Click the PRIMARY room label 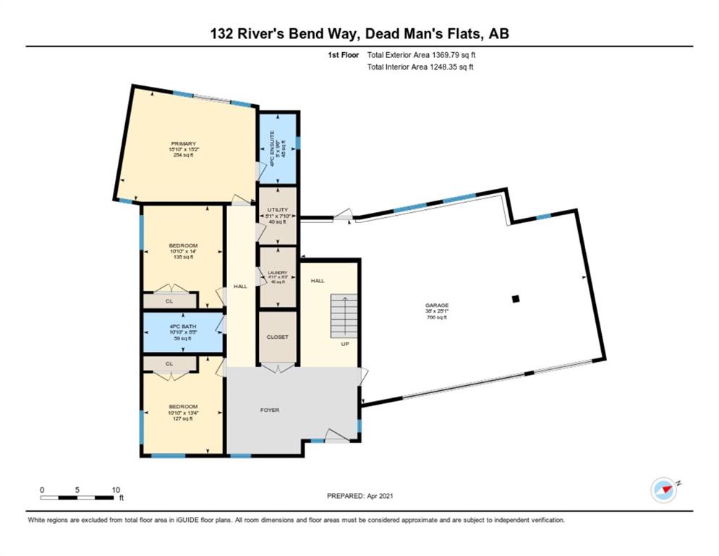click(x=184, y=143)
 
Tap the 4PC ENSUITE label click(x=272, y=149)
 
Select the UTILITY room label click(x=277, y=209)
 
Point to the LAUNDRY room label click(x=277, y=272)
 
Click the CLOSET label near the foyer click(x=277, y=337)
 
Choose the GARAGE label click(x=437, y=306)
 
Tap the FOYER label click(x=270, y=410)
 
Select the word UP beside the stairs click(x=346, y=344)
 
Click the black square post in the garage click(x=515, y=298)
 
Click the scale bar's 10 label click(x=116, y=489)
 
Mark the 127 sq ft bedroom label click(x=182, y=418)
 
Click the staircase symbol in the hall click(x=346, y=315)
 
